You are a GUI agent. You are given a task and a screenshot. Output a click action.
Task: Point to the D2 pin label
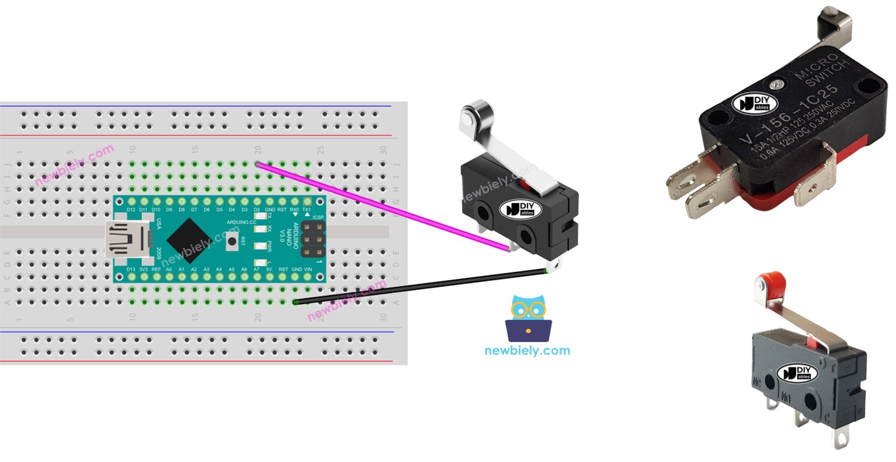pyautogui.click(x=257, y=210)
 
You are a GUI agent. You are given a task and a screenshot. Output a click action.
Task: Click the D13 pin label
pyautogui.click(x=131, y=269)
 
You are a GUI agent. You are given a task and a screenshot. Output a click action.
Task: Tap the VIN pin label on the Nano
pyautogui.click(x=308, y=269)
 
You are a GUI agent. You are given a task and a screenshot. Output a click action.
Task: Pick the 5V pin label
pyautogui.click(x=269, y=269)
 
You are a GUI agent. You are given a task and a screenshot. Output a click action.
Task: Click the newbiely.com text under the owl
pyautogui.click(x=527, y=351)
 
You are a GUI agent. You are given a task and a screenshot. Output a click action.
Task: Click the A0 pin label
pyautogui.click(x=168, y=269)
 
